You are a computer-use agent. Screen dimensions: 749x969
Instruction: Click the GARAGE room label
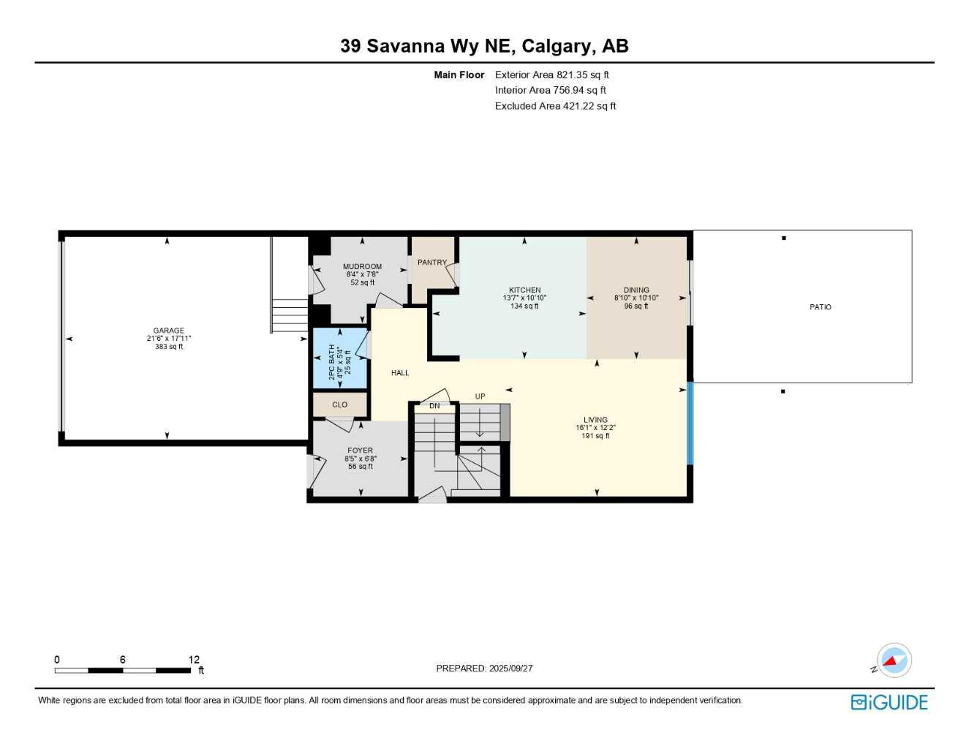(169, 331)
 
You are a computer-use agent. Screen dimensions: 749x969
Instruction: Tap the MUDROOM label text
(362, 267)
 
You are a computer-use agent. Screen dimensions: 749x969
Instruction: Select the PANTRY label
(431, 263)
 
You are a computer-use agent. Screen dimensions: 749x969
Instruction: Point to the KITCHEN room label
(525, 290)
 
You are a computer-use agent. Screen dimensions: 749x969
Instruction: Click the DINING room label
(636, 290)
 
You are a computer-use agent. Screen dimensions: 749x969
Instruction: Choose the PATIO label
(820, 307)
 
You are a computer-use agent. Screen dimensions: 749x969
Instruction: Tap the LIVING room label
(595, 420)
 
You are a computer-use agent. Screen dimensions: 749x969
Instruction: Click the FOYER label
(360, 451)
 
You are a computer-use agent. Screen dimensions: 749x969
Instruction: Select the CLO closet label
(340, 404)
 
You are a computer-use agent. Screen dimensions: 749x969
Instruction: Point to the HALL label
(400, 373)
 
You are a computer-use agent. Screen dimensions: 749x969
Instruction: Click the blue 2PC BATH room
(339, 358)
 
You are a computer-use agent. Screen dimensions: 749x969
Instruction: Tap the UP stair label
(480, 396)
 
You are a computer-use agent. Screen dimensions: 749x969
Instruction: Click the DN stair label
(434, 406)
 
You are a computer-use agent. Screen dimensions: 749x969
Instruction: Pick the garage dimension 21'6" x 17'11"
(169, 339)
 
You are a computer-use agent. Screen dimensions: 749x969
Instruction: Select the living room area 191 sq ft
(595, 436)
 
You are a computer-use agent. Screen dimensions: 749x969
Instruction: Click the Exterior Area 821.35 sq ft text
(551, 75)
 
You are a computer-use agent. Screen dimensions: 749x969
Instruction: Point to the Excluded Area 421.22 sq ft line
(555, 106)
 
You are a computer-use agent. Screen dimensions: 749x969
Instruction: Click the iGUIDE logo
(889, 702)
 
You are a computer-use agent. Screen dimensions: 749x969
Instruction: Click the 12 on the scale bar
(194, 660)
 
